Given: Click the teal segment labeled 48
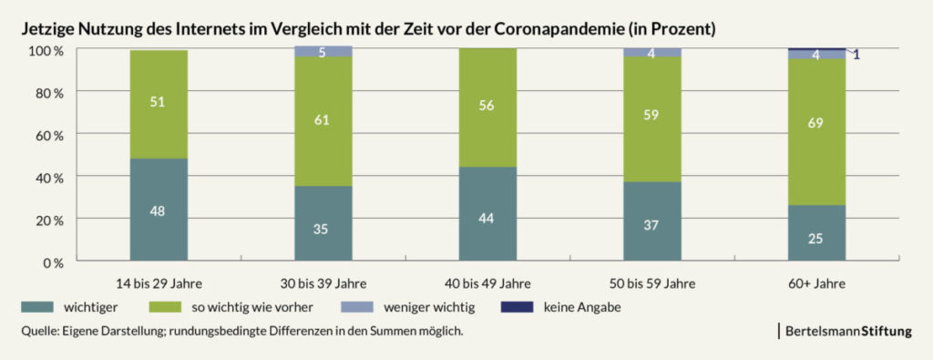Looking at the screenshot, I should tap(159, 211).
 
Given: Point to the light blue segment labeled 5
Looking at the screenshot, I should tap(323, 52).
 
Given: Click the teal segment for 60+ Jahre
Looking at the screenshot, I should tap(816, 234).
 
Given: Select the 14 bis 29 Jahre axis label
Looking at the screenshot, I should tap(159, 283).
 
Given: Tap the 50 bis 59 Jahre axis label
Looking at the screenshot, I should tap(652, 283).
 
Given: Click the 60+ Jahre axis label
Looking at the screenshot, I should tap(816, 283).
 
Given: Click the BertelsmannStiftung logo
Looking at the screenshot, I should tap(846, 332).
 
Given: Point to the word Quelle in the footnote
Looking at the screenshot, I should tap(39, 332).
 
